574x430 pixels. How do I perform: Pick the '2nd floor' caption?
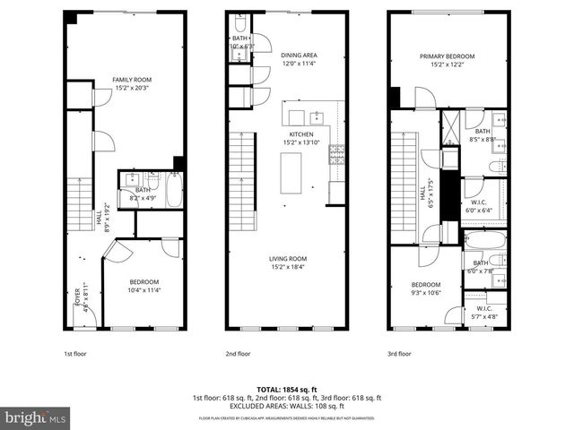[x=238, y=353]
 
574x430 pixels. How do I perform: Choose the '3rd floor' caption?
[x=399, y=353]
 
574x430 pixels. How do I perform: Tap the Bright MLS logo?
[x=35, y=417]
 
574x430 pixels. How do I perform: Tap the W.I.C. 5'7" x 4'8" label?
[x=485, y=314]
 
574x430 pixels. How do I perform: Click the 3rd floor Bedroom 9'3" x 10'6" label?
[x=427, y=289]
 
